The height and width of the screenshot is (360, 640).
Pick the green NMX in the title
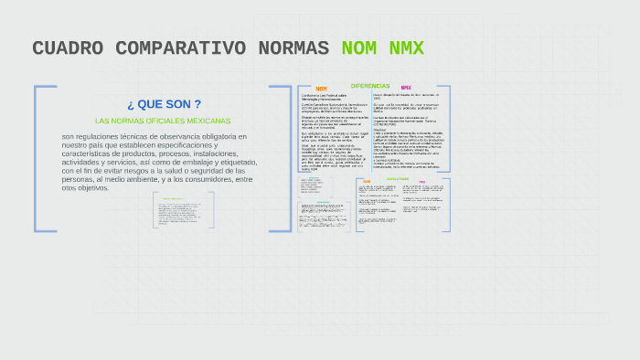[x=406, y=48]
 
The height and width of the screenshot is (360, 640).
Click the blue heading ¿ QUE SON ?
[x=164, y=104]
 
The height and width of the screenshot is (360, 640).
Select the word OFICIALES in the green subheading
[x=162, y=121]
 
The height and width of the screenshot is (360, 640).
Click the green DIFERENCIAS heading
[x=371, y=85]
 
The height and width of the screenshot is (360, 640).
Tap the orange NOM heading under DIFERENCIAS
[x=321, y=90]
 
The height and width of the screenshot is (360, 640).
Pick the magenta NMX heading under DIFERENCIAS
[x=406, y=89]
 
